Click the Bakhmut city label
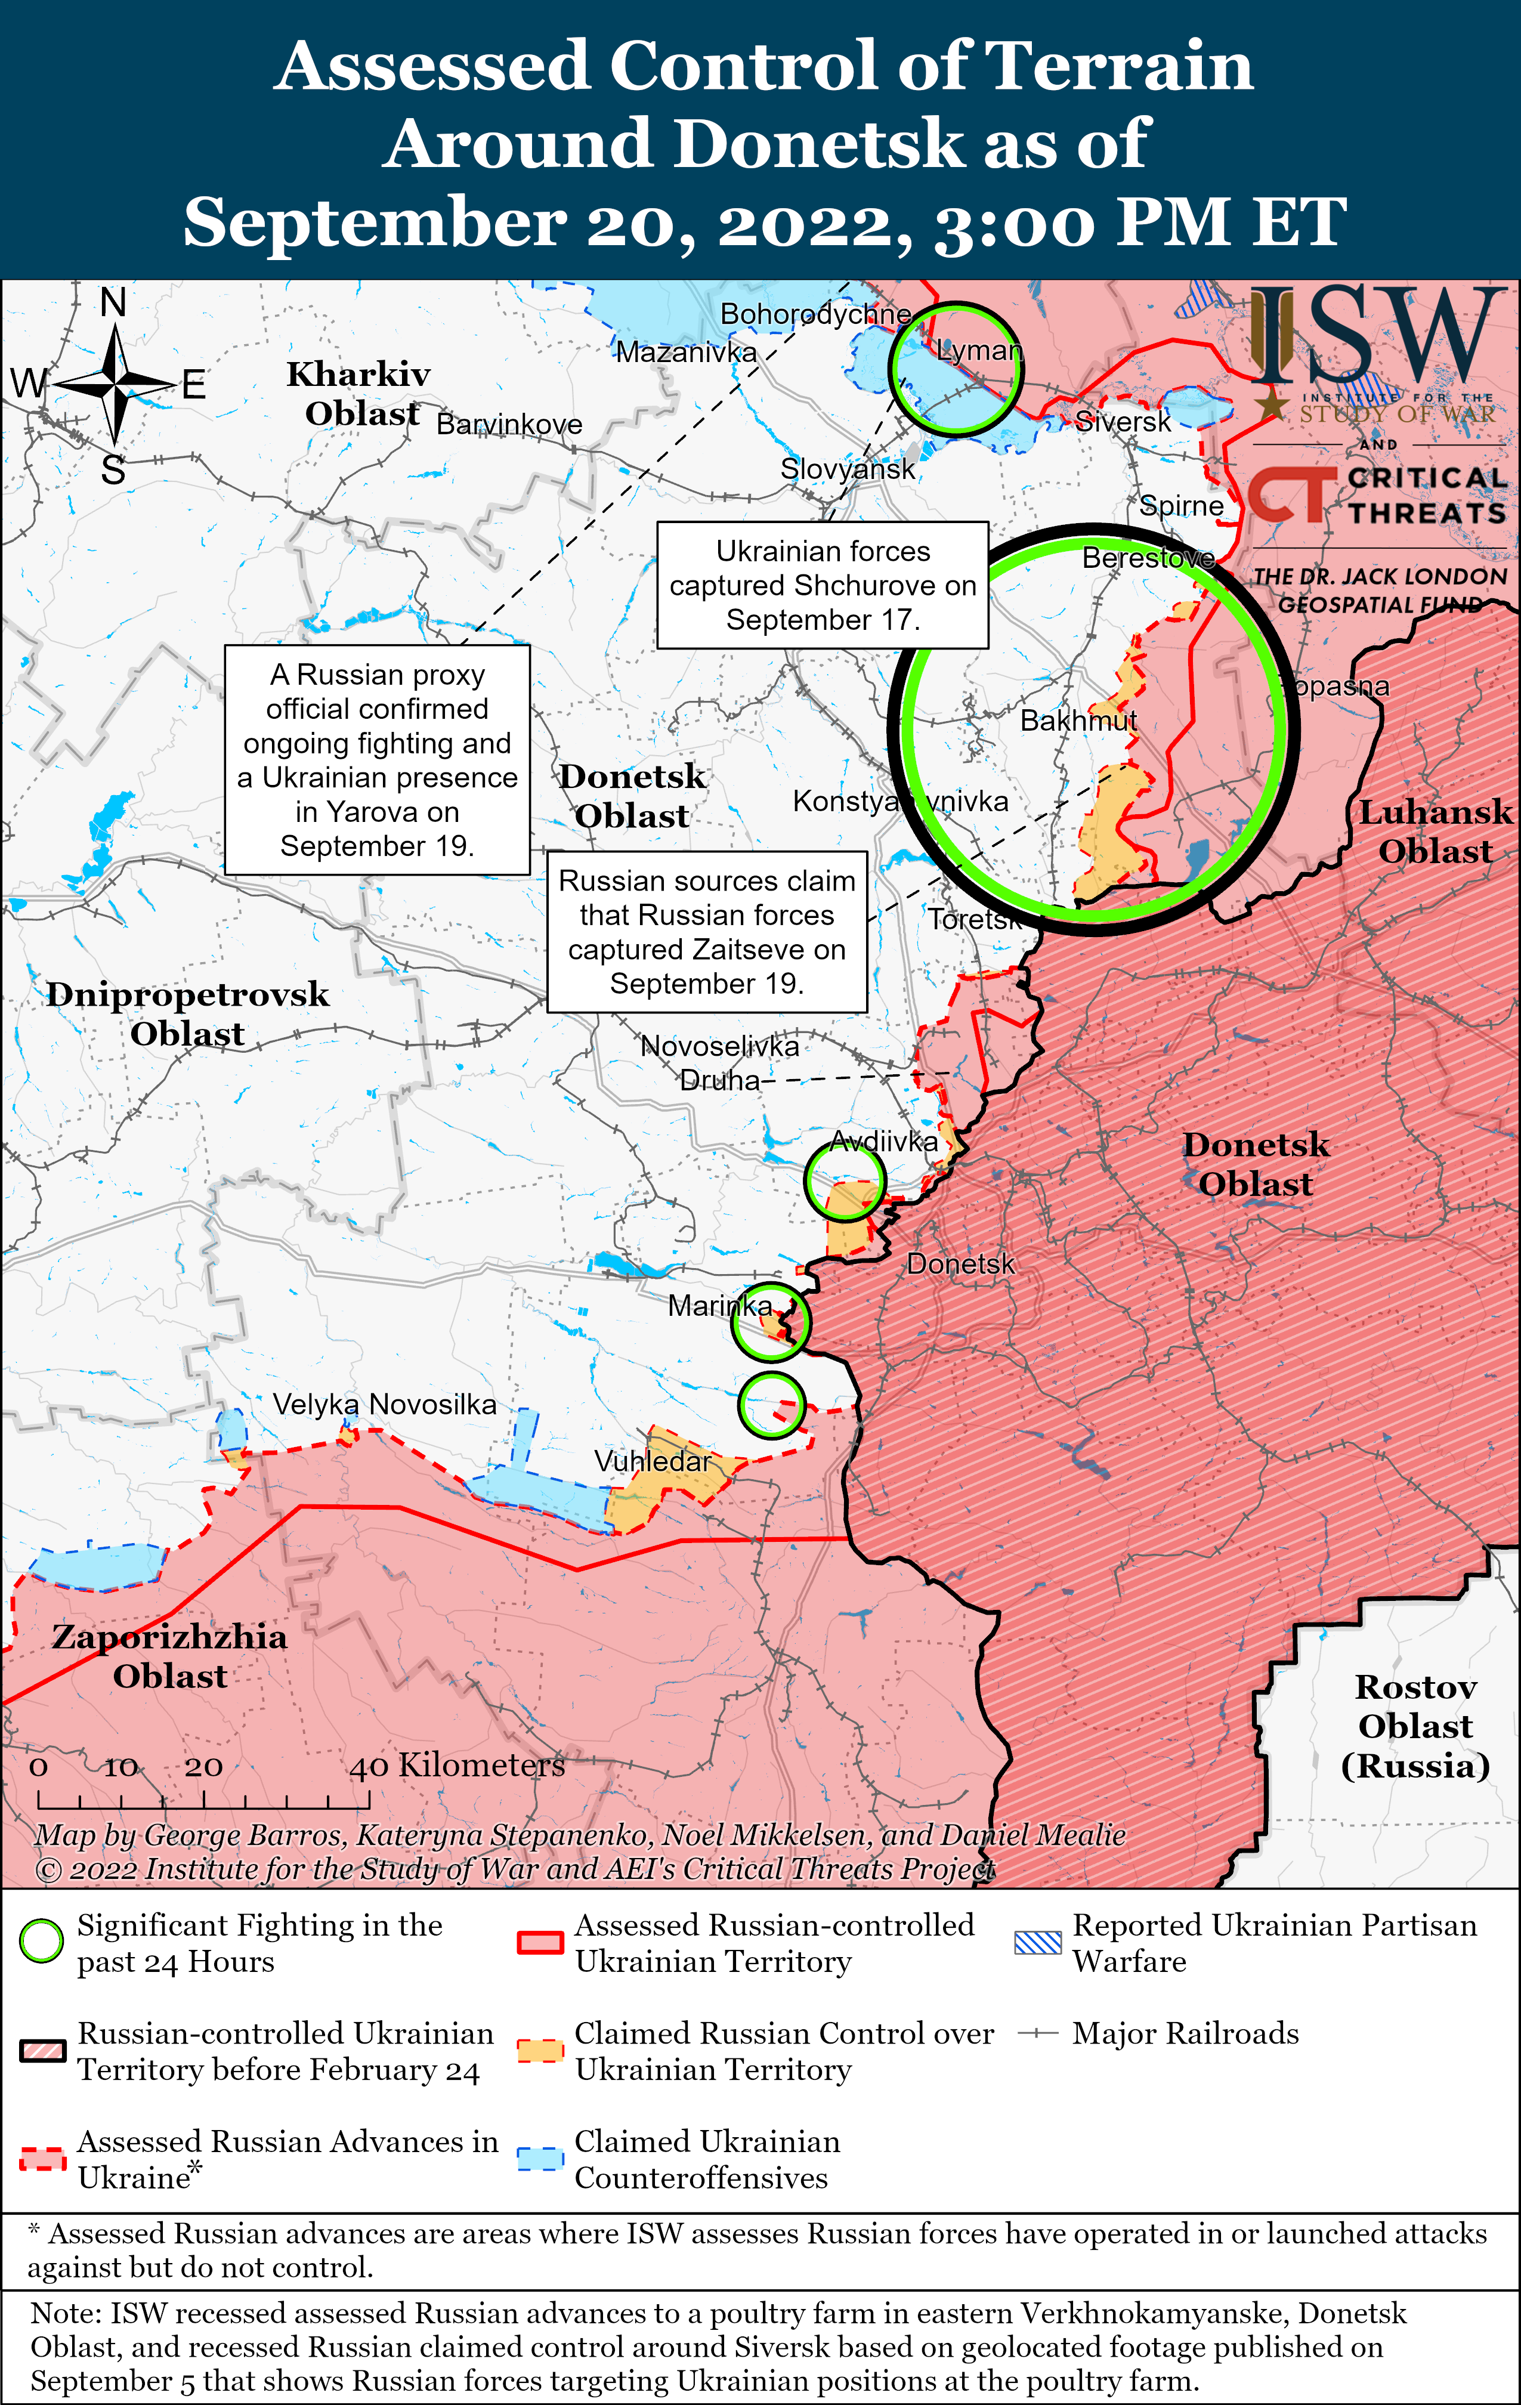(1078, 720)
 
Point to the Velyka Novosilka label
(385, 1404)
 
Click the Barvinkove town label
(509, 425)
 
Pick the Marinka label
(720, 1305)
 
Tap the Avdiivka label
(884, 1142)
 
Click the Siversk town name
(1123, 422)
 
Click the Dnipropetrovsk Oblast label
(188, 1014)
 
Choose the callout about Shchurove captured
(823, 585)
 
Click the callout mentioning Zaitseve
(707, 932)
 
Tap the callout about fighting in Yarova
(378, 760)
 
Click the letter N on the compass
(114, 302)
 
